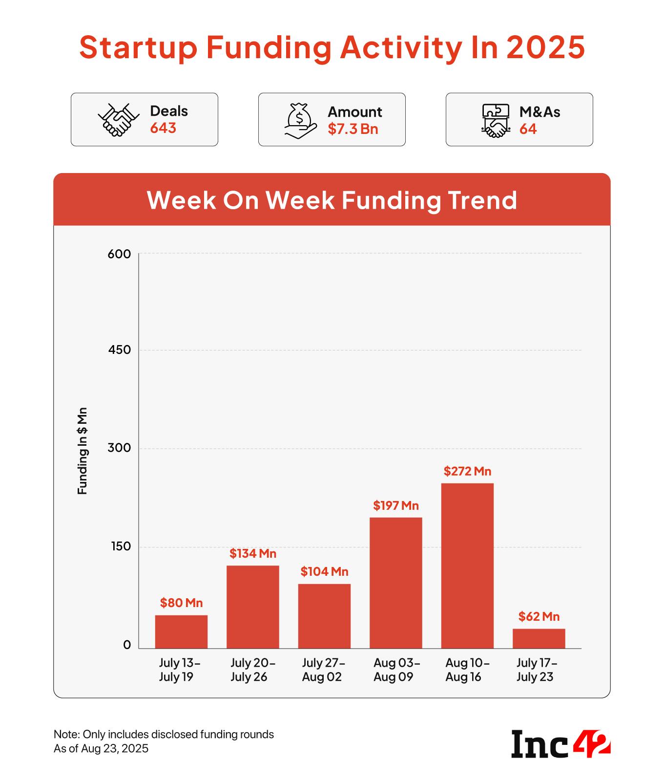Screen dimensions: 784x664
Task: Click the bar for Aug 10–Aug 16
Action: pyautogui.click(x=467, y=566)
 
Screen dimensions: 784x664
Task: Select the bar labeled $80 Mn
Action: pyautogui.click(x=181, y=632)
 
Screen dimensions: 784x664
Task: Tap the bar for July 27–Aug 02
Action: pyautogui.click(x=324, y=616)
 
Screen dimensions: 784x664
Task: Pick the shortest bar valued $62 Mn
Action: pyautogui.click(x=539, y=638)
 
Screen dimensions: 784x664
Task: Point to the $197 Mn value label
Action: pyautogui.click(x=396, y=505)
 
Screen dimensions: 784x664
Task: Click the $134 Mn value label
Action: pyautogui.click(x=253, y=553)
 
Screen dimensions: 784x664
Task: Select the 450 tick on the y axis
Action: pyautogui.click(x=120, y=350)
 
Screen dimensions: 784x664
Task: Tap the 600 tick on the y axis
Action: pyautogui.click(x=120, y=254)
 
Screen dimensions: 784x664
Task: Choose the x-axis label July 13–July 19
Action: pyautogui.click(x=179, y=670)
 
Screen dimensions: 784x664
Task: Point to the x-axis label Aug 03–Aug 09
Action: pyautogui.click(x=396, y=670)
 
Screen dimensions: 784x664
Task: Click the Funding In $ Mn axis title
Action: pyautogui.click(x=83, y=450)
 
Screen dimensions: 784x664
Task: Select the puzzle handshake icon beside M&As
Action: pyautogui.click(x=495, y=120)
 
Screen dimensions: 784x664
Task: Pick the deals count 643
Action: pyautogui.click(x=163, y=128)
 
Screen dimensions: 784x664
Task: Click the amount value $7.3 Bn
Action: pyautogui.click(x=353, y=129)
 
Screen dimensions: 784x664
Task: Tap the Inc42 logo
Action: pyautogui.click(x=560, y=743)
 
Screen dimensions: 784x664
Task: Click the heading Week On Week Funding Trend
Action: pyautogui.click(x=332, y=200)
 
